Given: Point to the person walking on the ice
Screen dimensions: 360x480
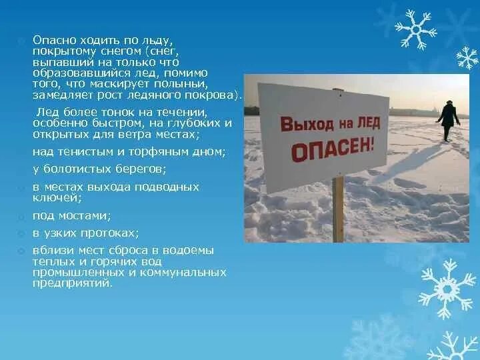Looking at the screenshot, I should point(448,119).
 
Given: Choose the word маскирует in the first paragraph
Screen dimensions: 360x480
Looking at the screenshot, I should point(129,83).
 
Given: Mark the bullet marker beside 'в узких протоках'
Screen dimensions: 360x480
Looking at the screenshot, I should point(22,233).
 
